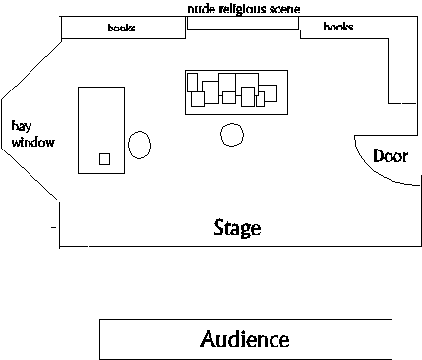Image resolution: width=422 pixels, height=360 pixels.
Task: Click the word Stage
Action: tap(237, 228)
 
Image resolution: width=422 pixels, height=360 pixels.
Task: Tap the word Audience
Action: tap(245, 338)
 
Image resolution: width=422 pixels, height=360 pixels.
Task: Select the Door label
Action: tap(391, 155)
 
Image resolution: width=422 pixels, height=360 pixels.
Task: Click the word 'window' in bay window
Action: tap(33, 142)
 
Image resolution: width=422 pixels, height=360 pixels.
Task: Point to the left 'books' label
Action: tap(121, 28)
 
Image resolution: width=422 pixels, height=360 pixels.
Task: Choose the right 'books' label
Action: tap(338, 27)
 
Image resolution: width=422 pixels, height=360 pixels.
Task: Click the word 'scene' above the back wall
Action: tap(285, 9)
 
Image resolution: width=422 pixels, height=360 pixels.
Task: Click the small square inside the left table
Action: tap(104, 159)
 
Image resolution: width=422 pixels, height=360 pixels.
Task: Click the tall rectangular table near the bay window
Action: tap(78, 130)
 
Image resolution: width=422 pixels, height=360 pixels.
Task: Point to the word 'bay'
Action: tap(22, 126)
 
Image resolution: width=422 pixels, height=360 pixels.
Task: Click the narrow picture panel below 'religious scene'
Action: tap(243, 29)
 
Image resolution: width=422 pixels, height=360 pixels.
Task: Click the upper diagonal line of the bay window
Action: tap(31, 71)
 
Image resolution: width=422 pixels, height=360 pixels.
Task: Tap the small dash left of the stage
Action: tap(53, 227)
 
